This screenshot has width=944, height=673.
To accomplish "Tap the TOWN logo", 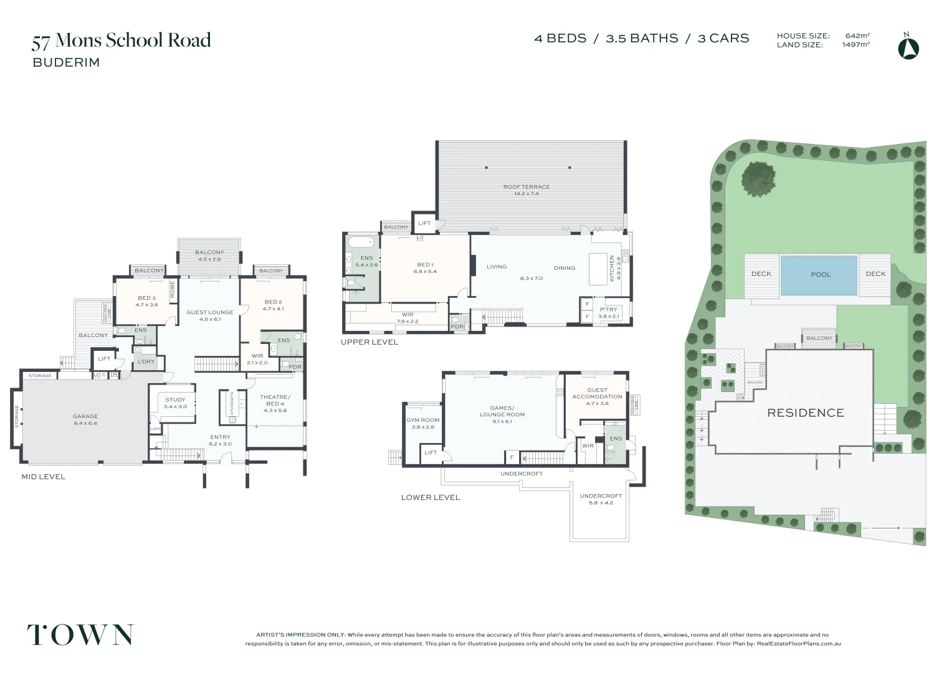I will click(80, 635).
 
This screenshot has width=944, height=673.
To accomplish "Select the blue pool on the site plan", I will click(819, 274).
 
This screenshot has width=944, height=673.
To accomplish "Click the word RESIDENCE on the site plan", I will click(805, 413).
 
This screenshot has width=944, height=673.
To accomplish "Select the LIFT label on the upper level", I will click(424, 223).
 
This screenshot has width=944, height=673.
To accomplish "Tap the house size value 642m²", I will click(857, 36).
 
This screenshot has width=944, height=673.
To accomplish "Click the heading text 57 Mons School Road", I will click(122, 41).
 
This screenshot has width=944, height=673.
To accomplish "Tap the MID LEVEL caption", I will click(43, 477).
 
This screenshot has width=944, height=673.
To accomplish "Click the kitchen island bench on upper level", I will click(598, 268).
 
